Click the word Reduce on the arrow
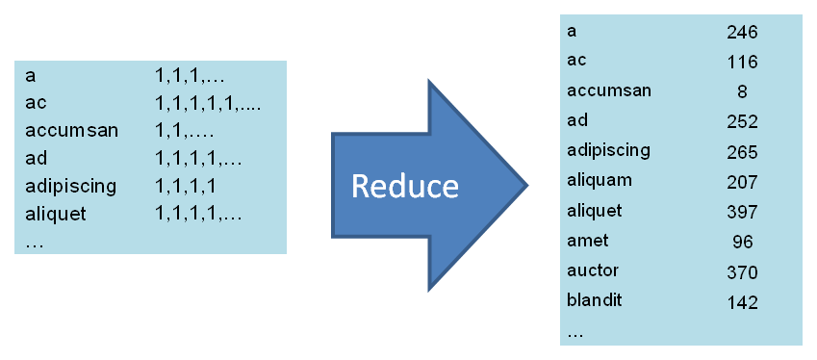(404, 185)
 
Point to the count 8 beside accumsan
(742, 92)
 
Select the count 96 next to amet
(742, 242)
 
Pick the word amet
(588, 241)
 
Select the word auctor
(593, 270)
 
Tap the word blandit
(596, 300)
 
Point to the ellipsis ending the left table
(35, 243)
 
